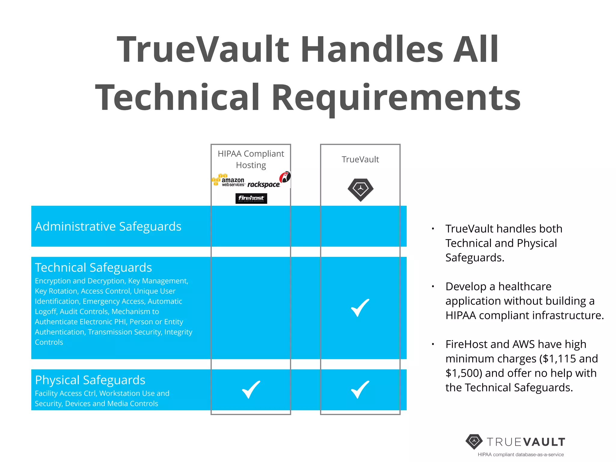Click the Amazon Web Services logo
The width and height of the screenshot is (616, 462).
pos(229,180)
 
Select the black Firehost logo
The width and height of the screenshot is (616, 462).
pos(251,198)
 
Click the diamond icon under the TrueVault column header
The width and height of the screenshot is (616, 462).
pos(360,190)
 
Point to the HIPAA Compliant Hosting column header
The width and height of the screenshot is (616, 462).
pos(251,159)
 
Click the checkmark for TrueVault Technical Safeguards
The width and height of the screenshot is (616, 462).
pos(360,308)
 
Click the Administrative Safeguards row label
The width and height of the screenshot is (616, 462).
pos(108,226)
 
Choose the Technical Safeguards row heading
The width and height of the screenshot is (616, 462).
pos(93,267)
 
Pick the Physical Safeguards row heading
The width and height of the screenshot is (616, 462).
pos(90,380)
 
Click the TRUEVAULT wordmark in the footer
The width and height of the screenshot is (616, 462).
pos(526,442)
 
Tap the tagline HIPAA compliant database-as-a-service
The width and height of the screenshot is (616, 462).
pos(521,454)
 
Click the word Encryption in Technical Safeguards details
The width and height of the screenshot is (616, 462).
pos(53,281)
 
